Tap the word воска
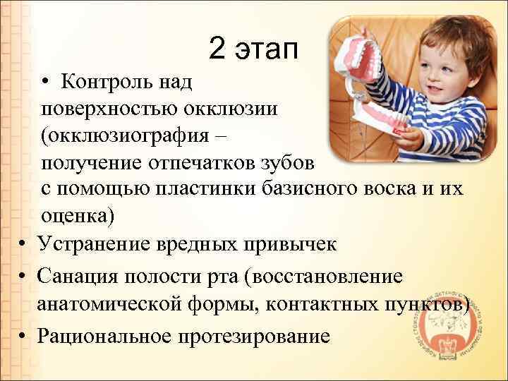tap(397, 190)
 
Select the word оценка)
tap(77, 216)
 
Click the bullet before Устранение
tap(23, 244)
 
